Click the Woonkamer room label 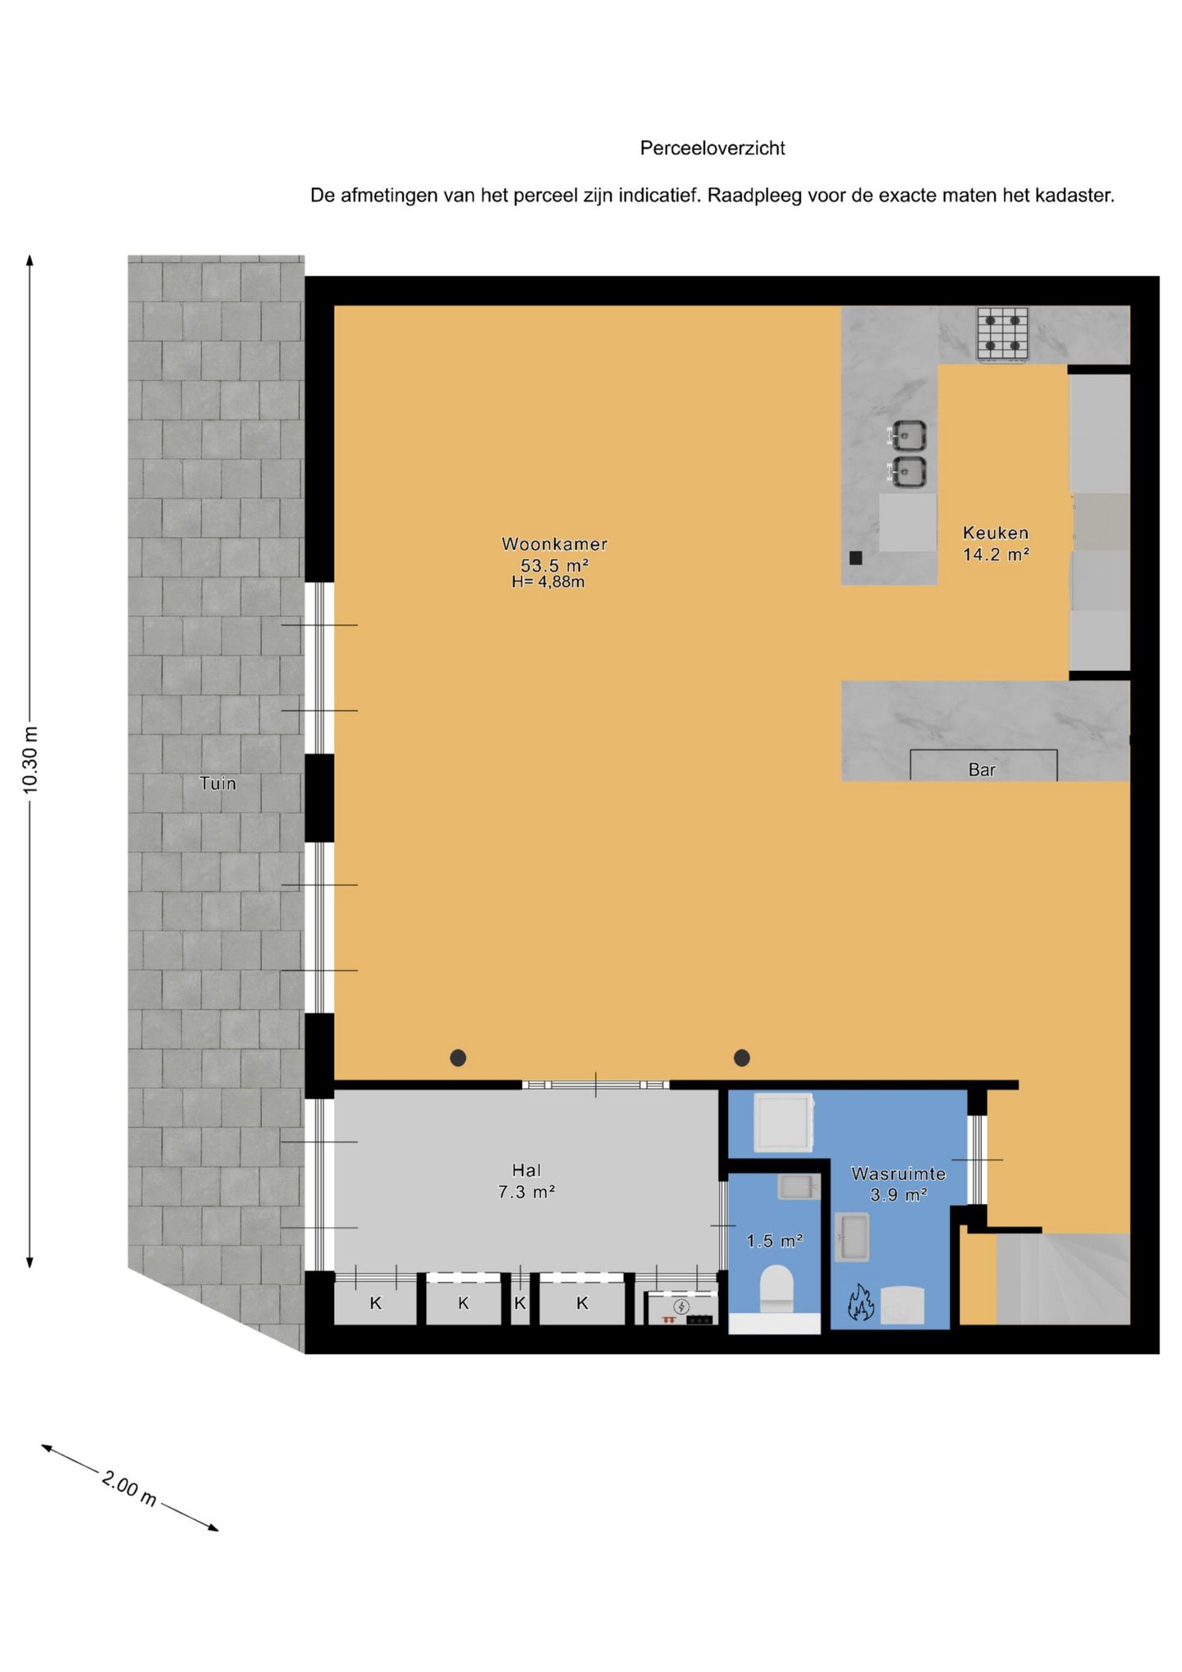point(554,544)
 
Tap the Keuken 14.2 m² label point(996,544)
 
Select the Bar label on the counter point(982,770)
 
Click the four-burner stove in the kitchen point(1002,333)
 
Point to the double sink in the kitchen point(909,453)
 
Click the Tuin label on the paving point(218,783)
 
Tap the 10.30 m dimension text point(30,760)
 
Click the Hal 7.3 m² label point(526,1181)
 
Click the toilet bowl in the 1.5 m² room point(776,1288)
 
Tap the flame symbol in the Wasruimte point(860,1302)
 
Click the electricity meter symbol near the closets point(681,1307)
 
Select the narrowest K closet point(520,1303)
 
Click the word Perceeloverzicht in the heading point(712,149)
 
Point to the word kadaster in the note point(1075,196)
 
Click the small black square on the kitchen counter point(855,558)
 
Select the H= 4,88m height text point(547,582)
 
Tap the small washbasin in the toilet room point(798,1187)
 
